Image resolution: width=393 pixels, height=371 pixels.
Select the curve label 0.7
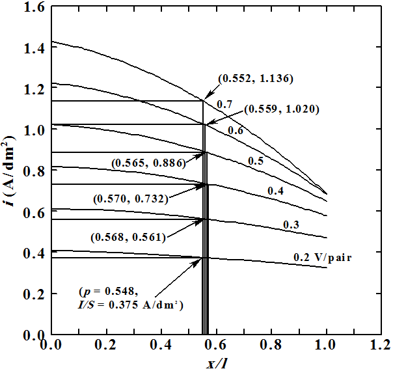[x=225, y=104]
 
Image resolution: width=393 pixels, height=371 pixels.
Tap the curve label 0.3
[x=290, y=225]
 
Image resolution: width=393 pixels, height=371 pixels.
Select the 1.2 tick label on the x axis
[x=382, y=345]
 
